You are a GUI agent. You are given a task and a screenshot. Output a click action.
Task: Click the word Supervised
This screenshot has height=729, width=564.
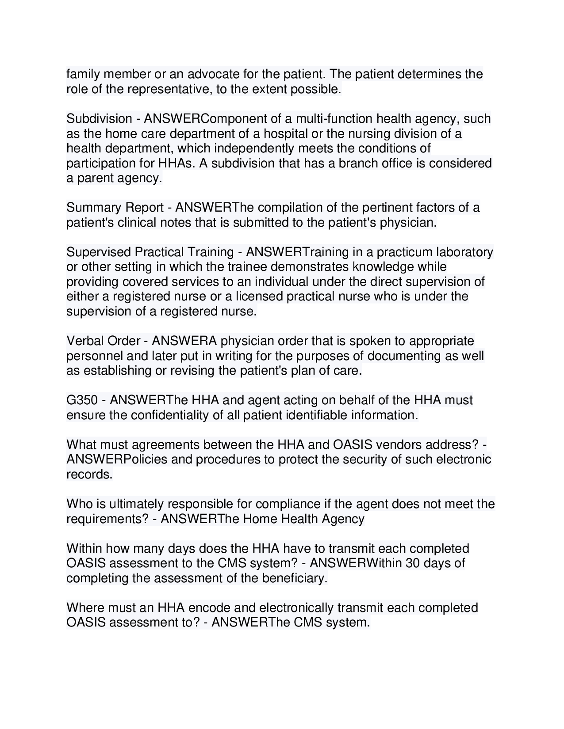[x=99, y=252]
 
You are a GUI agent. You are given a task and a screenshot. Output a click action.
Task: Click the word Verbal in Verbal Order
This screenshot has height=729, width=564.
[x=85, y=341]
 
